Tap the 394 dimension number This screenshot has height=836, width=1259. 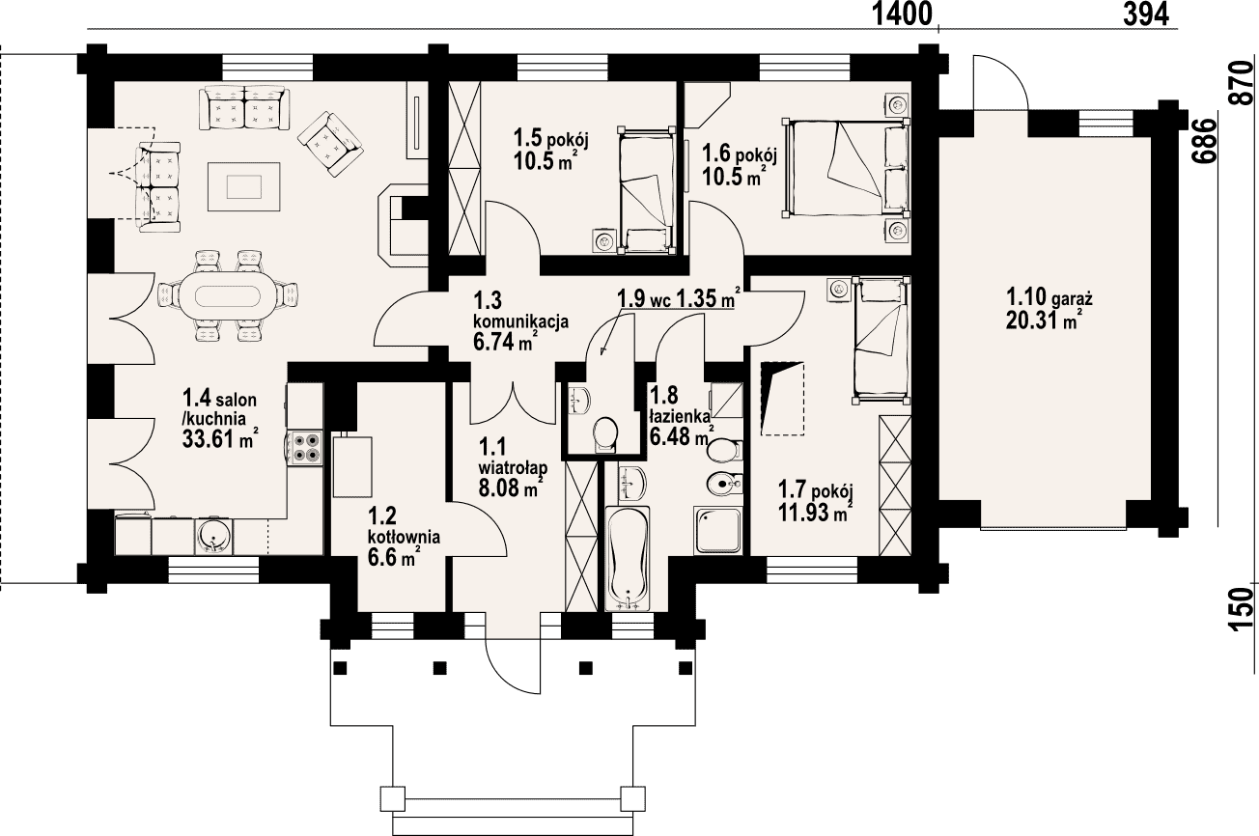click(1146, 14)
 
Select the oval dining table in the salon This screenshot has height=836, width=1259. click(228, 293)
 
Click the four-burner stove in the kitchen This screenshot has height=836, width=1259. click(306, 448)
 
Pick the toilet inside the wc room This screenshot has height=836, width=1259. click(606, 433)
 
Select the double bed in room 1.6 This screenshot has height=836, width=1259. click(846, 167)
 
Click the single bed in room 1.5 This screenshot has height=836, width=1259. click(646, 190)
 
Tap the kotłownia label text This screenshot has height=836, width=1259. click(404, 537)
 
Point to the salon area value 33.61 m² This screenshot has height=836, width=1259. click(220, 438)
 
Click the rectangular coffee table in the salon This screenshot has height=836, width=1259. click(244, 186)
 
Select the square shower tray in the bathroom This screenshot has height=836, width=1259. click(717, 531)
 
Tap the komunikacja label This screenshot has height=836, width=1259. click(521, 321)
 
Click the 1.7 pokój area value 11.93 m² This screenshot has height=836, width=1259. click(815, 513)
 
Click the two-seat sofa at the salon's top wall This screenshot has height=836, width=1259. click(244, 107)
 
